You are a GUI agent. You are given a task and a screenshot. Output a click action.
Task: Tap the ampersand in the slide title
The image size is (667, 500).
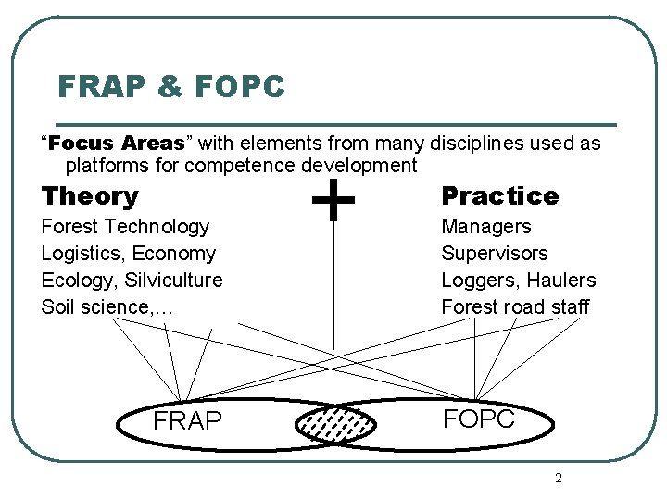170,87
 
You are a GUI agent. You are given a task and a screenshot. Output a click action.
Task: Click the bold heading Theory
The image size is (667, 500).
90,196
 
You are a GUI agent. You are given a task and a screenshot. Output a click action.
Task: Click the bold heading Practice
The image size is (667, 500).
499,196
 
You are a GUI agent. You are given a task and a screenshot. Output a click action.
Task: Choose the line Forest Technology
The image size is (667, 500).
125,227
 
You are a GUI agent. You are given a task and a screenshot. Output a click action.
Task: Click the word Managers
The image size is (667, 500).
485,227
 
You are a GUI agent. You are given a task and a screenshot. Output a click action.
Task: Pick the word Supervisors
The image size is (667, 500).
494,254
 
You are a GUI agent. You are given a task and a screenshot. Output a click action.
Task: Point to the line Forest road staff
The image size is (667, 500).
514,306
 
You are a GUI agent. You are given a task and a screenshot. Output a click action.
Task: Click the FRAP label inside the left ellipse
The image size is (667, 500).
187,422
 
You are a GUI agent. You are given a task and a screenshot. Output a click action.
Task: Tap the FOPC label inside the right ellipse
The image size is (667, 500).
478,419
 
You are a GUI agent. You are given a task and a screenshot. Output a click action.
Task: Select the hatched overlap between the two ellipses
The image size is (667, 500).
335,424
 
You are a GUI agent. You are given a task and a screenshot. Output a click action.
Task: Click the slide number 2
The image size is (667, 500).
558,478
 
